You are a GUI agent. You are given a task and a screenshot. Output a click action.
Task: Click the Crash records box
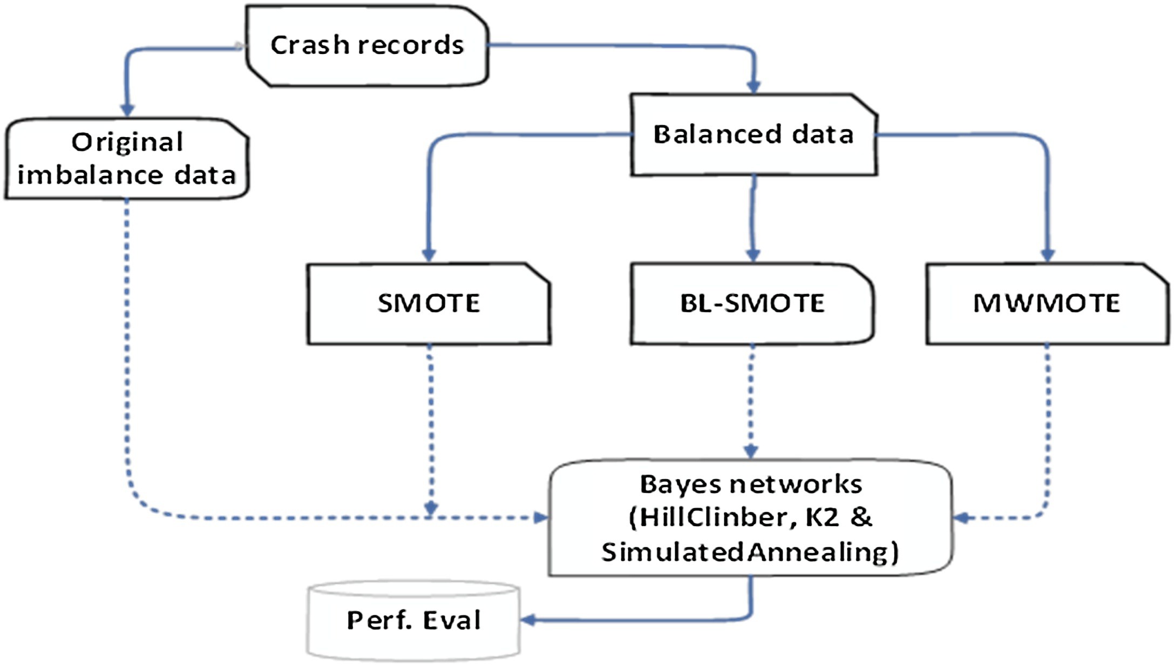click(x=367, y=46)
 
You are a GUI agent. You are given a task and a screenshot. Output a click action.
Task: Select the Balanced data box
click(x=754, y=135)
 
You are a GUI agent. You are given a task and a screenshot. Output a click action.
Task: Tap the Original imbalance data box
click(x=127, y=159)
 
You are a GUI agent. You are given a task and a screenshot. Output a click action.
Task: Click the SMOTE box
click(x=429, y=303)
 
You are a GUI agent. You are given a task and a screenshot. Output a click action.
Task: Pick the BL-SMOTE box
click(x=752, y=303)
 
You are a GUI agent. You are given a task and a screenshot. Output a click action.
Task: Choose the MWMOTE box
click(x=1047, y=303)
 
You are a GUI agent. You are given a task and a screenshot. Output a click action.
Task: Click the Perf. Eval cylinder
click(x=413, y=621)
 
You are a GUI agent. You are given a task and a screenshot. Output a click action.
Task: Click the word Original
click(x=127, y=142)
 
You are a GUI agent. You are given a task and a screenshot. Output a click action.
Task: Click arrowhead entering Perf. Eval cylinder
click(x=528, y=620)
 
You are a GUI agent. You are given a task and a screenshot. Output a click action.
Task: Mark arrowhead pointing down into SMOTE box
click(x=429, y=254)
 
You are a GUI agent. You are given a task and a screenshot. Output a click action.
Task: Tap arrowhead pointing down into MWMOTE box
click(x=1047, y=254)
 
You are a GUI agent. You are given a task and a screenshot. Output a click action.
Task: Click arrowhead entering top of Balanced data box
click(x=754, y=86)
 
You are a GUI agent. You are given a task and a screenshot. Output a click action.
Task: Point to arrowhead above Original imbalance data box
click(x=127, y=109)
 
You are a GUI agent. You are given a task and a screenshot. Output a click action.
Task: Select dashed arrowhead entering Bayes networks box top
click(x=751, y=451)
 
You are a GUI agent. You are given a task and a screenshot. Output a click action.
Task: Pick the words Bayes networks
click(x=751, y=484)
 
